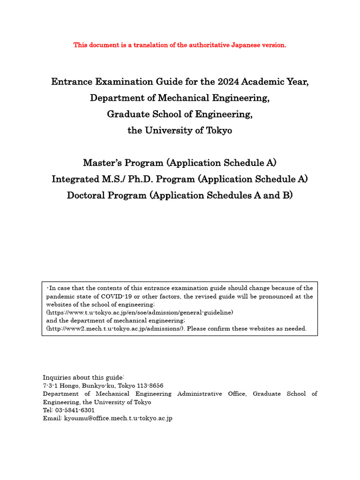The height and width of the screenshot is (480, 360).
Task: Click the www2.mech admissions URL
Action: coord(117,329)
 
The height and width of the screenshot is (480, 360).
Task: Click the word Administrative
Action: coord(199,394)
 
